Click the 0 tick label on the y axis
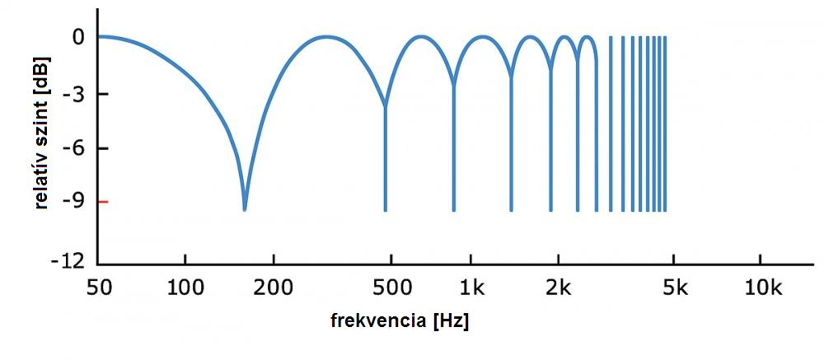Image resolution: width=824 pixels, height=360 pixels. [78, 38]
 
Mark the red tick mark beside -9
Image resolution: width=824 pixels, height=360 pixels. [102, 202]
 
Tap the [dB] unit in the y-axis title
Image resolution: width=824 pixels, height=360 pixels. [41, 74]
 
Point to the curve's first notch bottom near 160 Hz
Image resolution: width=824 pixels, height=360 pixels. [244, 209]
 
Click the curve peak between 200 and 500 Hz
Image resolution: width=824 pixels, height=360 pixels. [326, 36]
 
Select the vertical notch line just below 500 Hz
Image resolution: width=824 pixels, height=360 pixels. [385, 165]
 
